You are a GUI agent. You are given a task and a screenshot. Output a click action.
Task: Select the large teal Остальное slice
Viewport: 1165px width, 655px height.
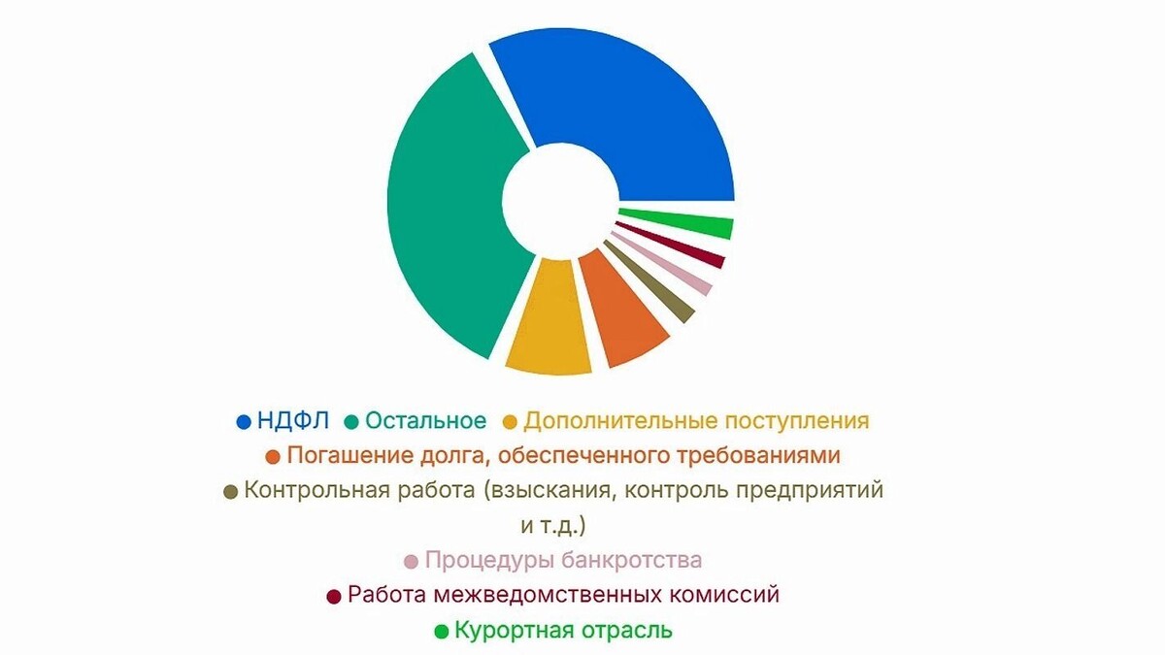click(x=447, y=213)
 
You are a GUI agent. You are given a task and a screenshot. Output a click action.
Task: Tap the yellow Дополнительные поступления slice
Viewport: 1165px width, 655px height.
click(x=549, y=320)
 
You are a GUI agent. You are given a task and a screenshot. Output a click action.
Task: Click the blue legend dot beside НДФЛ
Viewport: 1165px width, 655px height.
click(x=245, y=422)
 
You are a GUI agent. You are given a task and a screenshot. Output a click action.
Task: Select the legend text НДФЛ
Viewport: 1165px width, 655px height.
click(x=293, y=421)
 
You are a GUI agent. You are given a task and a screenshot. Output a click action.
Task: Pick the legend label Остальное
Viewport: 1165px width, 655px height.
click(x=425, y=421)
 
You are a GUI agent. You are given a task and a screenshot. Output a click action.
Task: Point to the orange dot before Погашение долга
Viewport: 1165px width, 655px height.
click(x=273, y=456)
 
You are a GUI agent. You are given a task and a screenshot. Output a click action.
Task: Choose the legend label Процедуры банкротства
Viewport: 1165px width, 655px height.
click(x=563, y=560)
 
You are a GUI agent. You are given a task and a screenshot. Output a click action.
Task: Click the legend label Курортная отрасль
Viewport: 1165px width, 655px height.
click(x=563, y=630)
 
